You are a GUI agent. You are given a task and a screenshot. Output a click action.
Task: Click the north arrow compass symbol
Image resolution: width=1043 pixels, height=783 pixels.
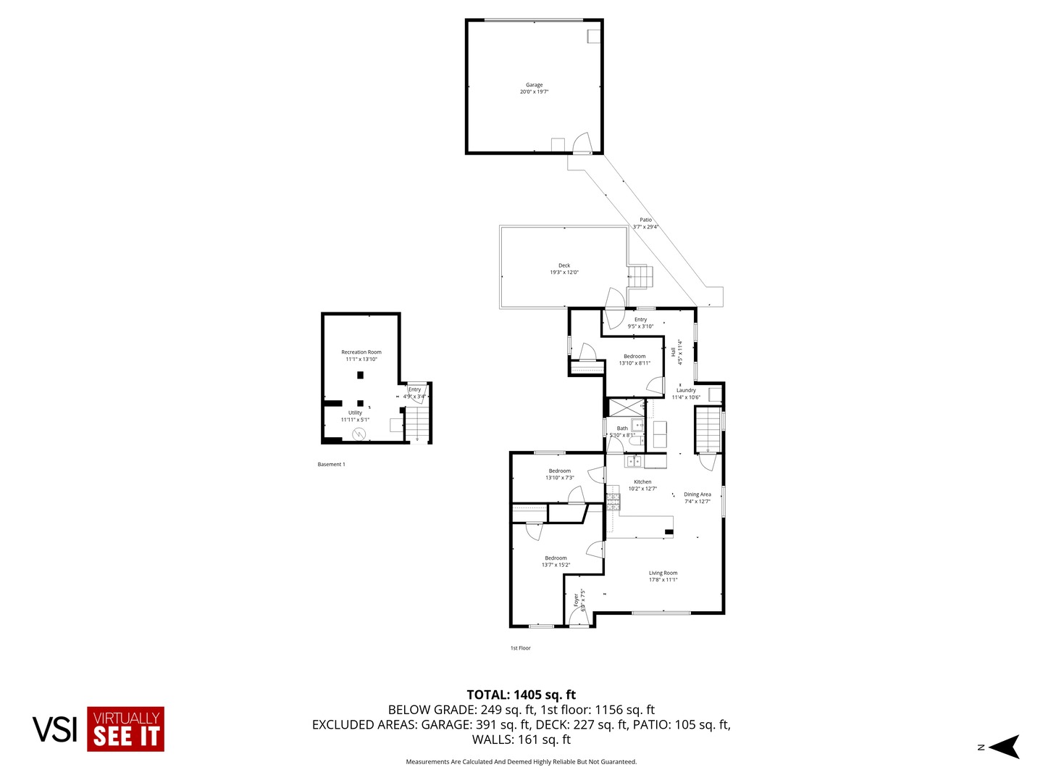[x=1004, y=747]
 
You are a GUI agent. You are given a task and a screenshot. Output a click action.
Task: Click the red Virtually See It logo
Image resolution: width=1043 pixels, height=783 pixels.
[x=125, y=729]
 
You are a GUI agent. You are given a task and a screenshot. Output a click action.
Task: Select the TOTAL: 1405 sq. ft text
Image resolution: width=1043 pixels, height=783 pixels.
[x=521, y=695]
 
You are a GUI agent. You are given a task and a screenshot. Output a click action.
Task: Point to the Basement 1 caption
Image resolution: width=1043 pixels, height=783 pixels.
[x=331, y=464]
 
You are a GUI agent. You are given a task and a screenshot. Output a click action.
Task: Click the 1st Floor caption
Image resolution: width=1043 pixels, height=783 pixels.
[x=520, y=648]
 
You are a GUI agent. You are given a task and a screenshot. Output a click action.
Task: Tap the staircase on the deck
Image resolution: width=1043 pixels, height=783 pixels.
[x=640, y=276]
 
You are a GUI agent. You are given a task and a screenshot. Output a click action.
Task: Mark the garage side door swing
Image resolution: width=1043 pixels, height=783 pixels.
[x=582, y=144]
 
